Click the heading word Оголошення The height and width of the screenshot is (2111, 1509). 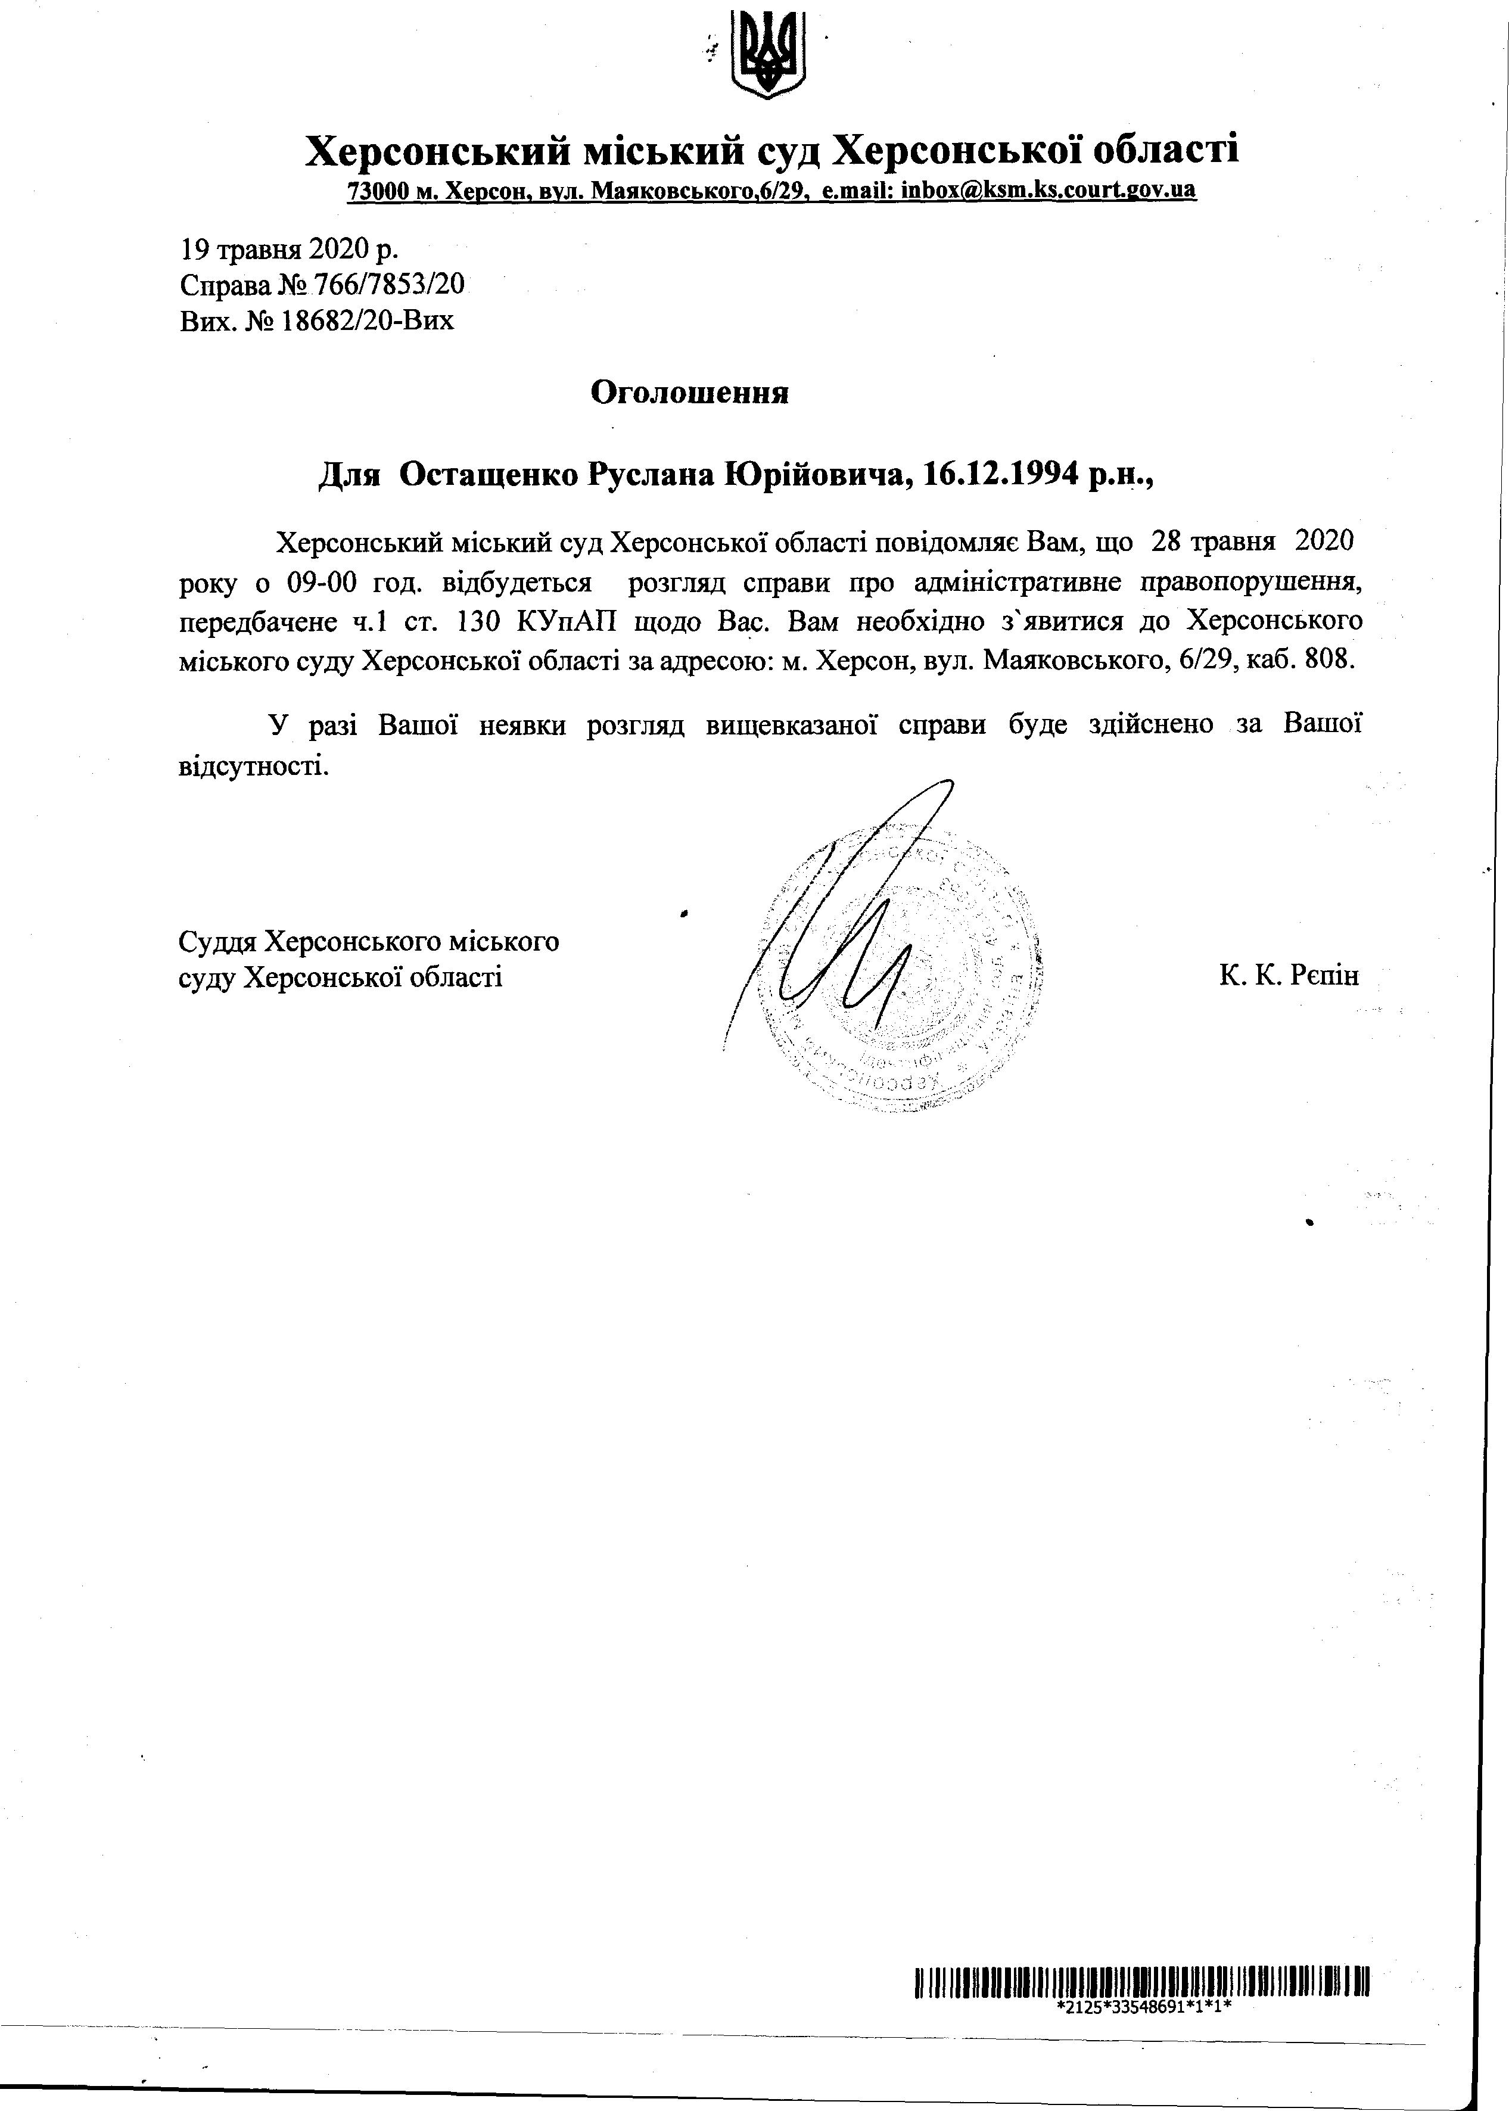click(689, 393)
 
